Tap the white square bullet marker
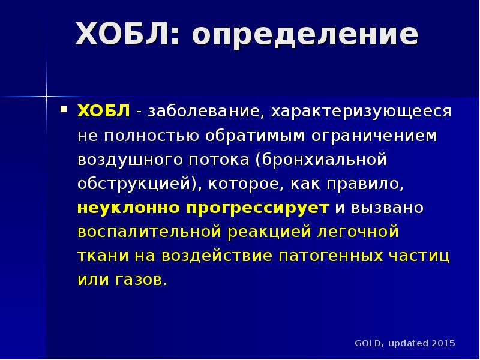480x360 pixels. click(x=64, y=109)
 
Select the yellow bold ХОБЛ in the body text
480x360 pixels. click(x=104, y=111)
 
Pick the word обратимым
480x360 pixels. click(x=255, y=136)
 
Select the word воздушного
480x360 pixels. click(x=130, y=160)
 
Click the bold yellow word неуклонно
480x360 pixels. click(x=128, y=208)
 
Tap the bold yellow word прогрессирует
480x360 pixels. click(x=258, y=209)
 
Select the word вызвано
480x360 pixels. click(x=387, y=208)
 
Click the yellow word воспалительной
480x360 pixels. click(x=149, y=232)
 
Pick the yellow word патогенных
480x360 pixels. click(x=331, y=256)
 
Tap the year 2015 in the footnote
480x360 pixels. click(x=443, y=343)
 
